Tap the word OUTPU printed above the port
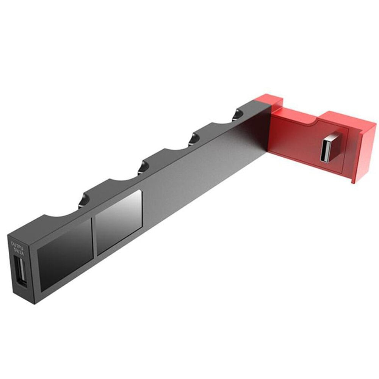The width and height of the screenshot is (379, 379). pyautogui.click(x=17, y=244)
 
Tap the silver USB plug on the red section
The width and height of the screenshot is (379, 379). pyautogui.click(x=329, y=147)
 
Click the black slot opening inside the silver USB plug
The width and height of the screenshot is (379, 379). pyautogui.click(x=327, y=151)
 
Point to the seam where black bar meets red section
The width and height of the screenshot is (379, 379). pyautogui.click(x=270, y=129)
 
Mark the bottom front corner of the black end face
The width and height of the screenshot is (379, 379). pyautogui.click(x=34, y=304)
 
